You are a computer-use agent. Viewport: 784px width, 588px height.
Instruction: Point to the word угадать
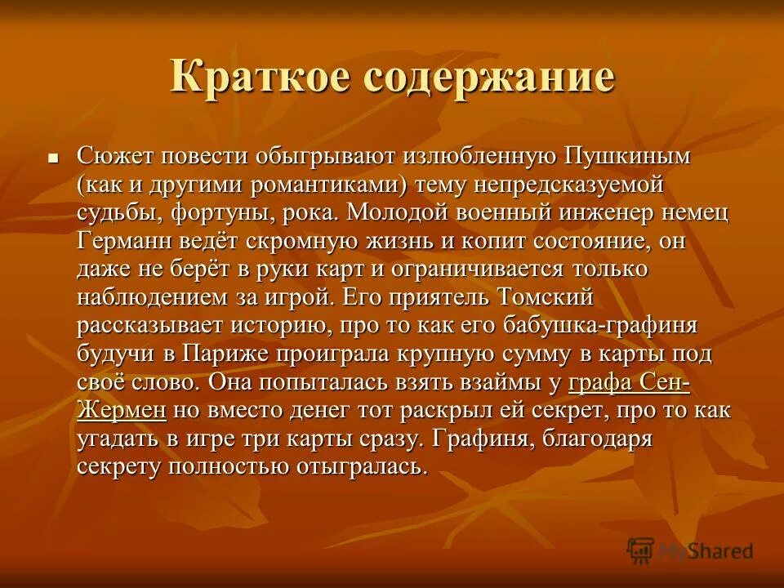[121, 439]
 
